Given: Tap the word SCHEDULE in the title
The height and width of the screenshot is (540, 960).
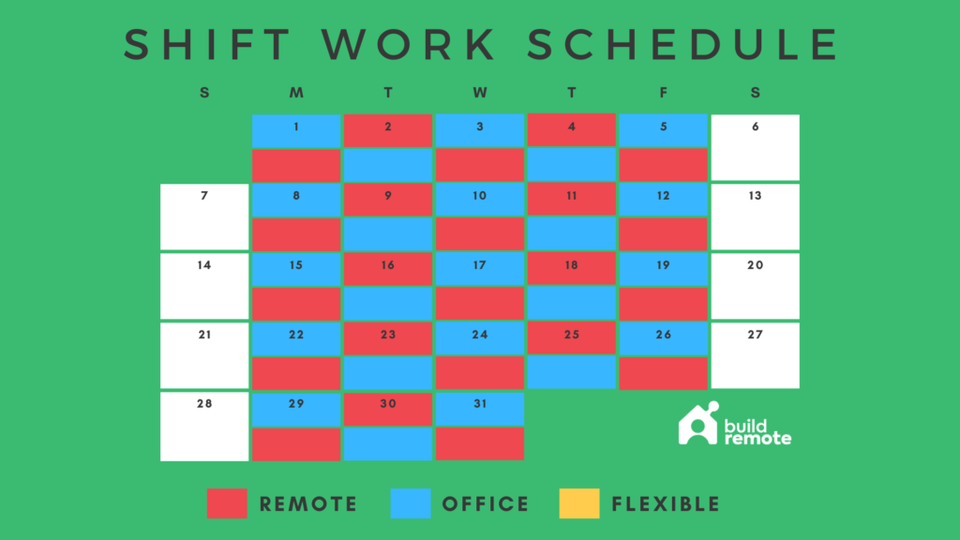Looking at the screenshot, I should pos(682,45).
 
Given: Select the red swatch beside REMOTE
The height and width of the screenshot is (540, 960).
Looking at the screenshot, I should pos(227,503).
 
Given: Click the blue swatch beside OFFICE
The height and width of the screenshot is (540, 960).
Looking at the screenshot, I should pos(410,503).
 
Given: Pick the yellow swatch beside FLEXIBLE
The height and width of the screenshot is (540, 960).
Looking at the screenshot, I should pos(578,503).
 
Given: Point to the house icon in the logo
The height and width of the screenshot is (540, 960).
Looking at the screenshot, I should pos(698,425).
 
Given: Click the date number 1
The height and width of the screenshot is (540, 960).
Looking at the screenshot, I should pos(296,127).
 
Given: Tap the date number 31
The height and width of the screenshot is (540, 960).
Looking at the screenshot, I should pos(479,404).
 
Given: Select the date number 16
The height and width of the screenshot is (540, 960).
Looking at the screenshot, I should pos(388,265).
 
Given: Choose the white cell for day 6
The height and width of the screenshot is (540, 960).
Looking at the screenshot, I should pos(755,147).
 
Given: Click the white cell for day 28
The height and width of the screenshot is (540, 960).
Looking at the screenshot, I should pos(204,426).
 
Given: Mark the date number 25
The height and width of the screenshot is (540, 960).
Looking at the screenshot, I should pos(571,335).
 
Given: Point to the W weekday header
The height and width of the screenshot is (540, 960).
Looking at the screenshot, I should pos(479,92).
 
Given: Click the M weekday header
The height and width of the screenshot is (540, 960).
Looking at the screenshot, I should pos(296,92).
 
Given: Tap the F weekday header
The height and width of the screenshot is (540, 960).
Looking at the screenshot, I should pos(663,92).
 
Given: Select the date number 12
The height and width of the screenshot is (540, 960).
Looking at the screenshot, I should pos(663,196).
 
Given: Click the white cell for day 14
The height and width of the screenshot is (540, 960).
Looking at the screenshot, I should pos(204,286).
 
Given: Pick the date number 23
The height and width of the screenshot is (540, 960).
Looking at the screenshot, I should pos(388,335).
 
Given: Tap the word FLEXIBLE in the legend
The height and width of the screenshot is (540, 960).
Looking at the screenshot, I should pos(666,504).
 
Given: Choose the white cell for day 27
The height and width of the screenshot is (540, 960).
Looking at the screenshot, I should pos(755,355).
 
